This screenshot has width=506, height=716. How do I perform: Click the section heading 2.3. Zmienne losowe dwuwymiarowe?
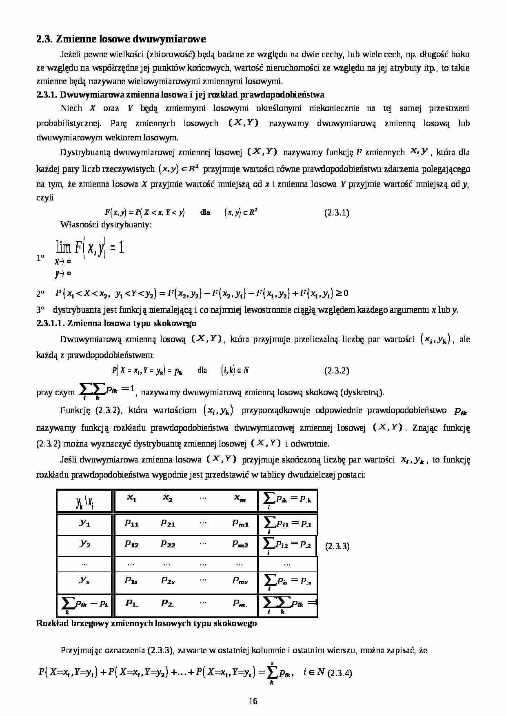(x=121, y=39)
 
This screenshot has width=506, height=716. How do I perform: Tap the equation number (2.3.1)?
(x=337, y=213)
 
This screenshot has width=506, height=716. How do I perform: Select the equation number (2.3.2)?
(x=337, y=371)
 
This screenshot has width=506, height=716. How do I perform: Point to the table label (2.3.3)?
(x=337, y=547)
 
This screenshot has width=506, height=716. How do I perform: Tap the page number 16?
(x=253, y=701)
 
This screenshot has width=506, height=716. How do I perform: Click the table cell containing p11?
(x=131, y=523)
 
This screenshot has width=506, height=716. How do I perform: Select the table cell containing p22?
(x=168, y=544)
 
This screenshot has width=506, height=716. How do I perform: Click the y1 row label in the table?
(x=84, y=523)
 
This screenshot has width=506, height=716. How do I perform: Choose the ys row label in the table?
(x=84, y=580)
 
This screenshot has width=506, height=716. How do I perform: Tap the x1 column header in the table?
(x=131, y=499)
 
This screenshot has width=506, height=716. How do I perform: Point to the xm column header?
(x=240, y=499)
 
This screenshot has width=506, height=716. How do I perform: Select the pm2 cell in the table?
(x=240, y=544)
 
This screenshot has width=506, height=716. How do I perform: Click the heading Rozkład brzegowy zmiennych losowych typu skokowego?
(x=146, y=623)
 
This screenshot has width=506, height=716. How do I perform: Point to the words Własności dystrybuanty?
(x=106, y=225)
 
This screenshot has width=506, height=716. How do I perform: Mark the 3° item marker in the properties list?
(x=40, y=310)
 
